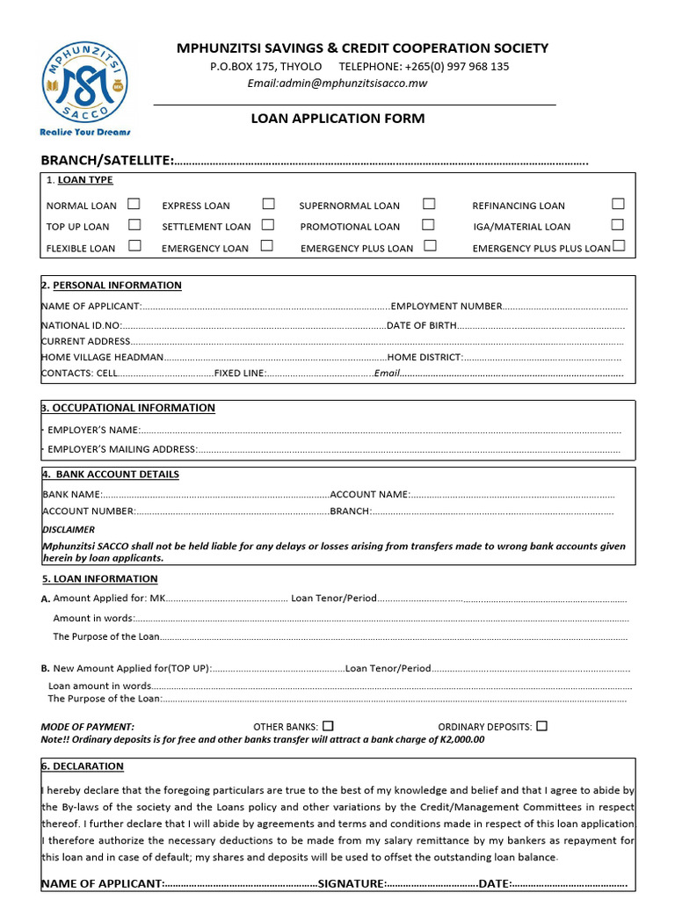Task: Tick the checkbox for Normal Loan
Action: coord(134,204)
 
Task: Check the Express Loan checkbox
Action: coord(267,204)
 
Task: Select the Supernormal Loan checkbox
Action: coord(429,204)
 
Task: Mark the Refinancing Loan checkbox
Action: coord(618,204)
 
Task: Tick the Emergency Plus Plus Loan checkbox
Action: coord(619,246)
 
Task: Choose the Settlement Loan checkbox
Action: coord(267,225)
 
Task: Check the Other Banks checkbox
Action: coord(328,726)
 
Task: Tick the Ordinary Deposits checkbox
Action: coord(541,726)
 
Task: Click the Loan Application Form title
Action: coord(337,119)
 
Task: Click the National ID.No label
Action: coord(82,326)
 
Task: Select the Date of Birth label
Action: coord(422,326)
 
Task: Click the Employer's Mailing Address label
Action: coord(122,450)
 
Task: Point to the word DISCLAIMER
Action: coord(69,530)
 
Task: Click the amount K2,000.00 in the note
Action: coord(461,740)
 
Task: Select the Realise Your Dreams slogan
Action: coord(85,132)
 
